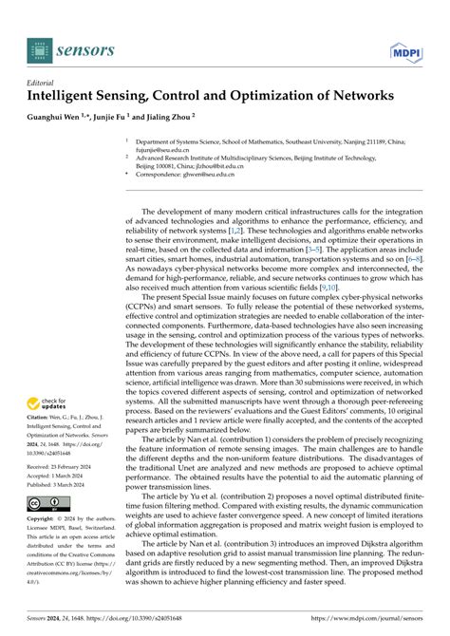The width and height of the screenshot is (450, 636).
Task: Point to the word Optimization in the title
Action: pos(253,96)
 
